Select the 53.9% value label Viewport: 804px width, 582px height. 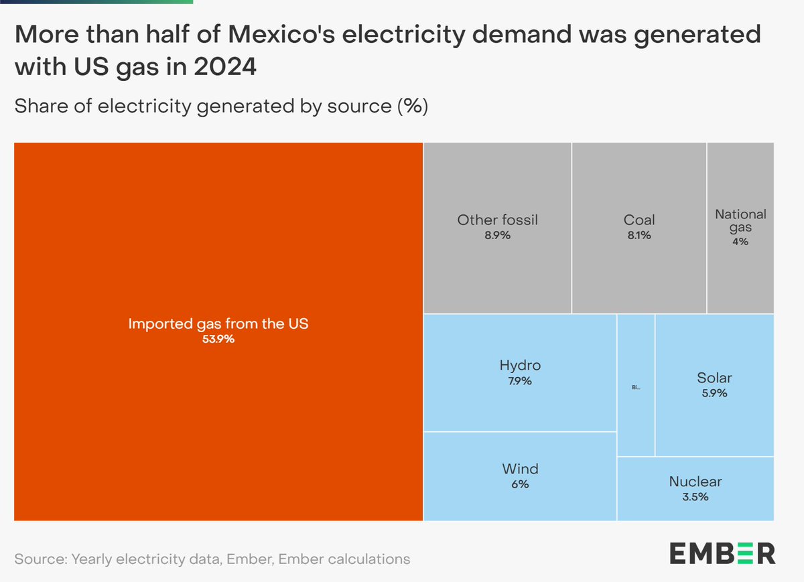pos(218,340)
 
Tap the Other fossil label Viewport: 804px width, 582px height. pos(497,220)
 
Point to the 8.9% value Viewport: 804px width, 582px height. pos(497,236)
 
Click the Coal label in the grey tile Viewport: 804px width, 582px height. pos(639,220)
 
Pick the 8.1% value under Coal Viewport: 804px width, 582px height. pos(639,236)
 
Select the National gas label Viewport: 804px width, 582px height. pos(740,221)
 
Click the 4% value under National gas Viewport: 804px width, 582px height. pos(740,242)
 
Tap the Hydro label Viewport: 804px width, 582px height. pos(520,366)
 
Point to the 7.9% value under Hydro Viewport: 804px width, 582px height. pos(520,382)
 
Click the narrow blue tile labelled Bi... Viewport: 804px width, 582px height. pos(636,386)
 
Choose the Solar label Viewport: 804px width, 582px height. pos(714,378)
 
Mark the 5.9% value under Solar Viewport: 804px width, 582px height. pos(714,394)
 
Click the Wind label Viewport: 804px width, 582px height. pos(520,469)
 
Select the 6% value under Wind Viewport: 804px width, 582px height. pos(520,484)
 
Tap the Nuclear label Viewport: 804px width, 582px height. pos(695,482)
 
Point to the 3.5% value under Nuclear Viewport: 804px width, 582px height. pos(695,497)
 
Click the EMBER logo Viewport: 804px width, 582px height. pos(722,554)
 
